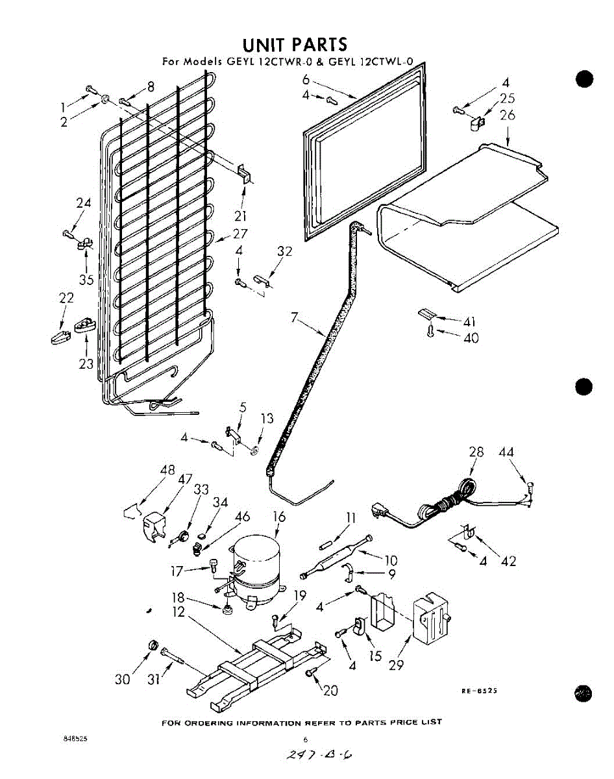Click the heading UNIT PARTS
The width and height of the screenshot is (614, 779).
point(294,45)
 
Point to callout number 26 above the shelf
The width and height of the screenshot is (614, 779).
point(507,116)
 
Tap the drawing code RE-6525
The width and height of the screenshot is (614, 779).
point(479,691)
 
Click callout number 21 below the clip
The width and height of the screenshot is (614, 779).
point(241,216)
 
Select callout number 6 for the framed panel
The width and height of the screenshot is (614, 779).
point(306,80)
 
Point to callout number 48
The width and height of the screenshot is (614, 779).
point(167,470)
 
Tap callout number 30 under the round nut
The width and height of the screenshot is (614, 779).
point(123,679)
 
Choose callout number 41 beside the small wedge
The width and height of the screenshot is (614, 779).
point(470,321)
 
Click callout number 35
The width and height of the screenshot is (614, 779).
point(87,280)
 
